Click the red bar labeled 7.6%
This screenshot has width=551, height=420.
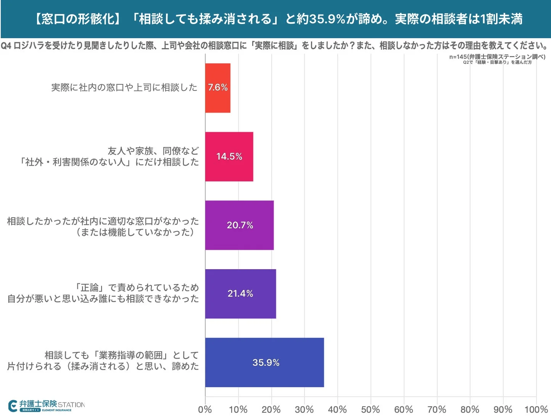tap(217, 88)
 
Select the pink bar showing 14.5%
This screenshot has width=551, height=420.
tap(229, 157)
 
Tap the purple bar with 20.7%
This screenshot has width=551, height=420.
tap(240, 225)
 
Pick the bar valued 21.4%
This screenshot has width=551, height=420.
tap(240, 294)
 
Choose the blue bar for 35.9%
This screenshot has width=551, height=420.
tap(264, 362)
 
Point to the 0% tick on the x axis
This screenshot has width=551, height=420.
tap(205, 409)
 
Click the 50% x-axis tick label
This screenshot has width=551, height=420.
tap(371, 409)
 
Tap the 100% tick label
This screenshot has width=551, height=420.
tap(536, 409)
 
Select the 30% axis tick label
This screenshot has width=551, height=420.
tap(304, 409)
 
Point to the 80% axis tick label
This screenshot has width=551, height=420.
tap(470, 409)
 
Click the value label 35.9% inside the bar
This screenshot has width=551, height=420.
tap(266, 362)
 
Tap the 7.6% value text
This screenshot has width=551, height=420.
tap(217, 87)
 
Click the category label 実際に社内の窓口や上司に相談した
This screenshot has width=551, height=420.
tap(124, 87)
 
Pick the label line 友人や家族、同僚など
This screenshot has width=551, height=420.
tap(153, 151)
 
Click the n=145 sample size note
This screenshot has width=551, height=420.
tap(497, 57)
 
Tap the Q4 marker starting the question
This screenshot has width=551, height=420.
tap(6, 46)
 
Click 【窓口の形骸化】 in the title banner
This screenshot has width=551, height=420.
tap(78, 19)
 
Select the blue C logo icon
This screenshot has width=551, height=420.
tap(13, 406)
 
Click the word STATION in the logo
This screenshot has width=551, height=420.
tap(71, 405)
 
